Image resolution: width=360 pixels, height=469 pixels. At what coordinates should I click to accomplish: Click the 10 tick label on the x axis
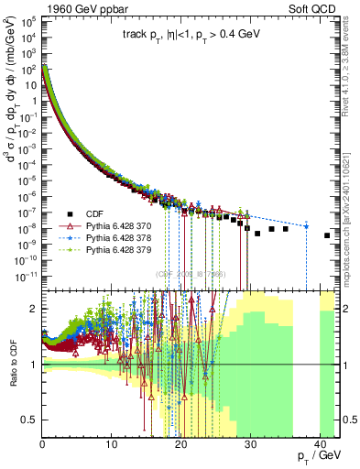click(111, 445)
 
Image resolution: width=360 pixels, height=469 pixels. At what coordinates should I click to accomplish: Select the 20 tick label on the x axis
click(180, 445)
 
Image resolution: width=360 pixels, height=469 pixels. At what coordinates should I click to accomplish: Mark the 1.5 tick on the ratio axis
click(31, 336)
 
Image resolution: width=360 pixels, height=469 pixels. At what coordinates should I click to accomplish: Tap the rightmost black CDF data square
click(327, 235)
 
